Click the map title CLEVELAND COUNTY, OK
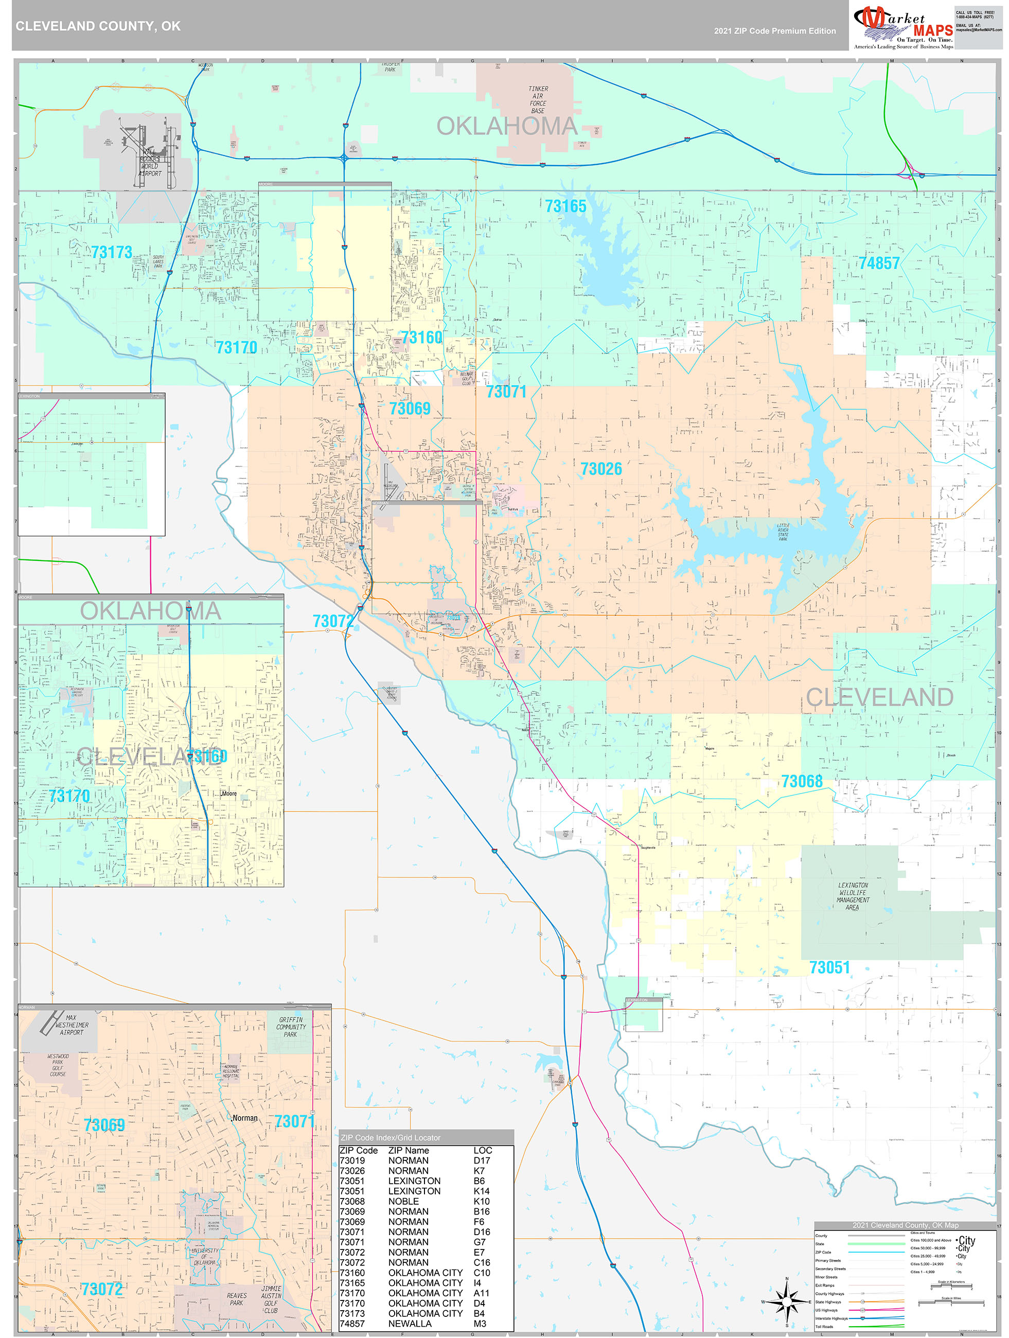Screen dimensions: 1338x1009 click(97, 26)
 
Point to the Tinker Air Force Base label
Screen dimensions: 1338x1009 click(538, 100)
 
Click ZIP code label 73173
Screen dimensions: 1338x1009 click(112, 252)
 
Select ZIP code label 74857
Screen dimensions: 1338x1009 click(879, 263)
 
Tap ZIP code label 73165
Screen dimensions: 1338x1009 click(565, 207)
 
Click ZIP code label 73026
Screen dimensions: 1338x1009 click(600, 469)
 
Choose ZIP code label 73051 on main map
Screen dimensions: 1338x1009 click(829, 968)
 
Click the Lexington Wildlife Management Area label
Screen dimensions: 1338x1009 click(853, 896)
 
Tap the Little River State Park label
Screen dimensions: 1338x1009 click(783, 532)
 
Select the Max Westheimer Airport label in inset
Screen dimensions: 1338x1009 click(72, 1025)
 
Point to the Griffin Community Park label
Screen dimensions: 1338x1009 click(290, 1027)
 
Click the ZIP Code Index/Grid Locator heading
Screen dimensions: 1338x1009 click(390, 1137)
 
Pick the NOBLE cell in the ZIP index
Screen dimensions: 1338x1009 click(403, 1201)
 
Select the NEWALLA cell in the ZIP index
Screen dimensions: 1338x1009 click(410, 1324)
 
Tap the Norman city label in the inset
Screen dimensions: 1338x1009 click(245, 1118)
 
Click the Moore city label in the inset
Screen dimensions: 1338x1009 click(229, 793)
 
